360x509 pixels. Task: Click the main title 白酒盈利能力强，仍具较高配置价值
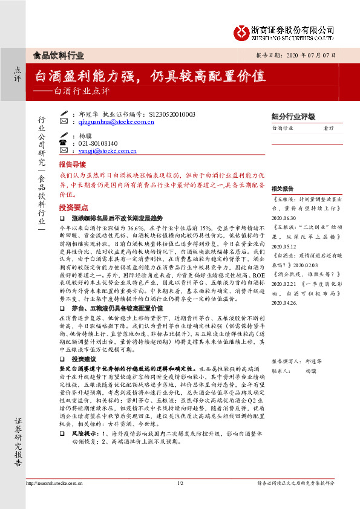pos(150,76)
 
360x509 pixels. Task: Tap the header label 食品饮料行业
pos(58,55)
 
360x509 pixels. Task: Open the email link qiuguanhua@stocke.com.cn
pos(117,122)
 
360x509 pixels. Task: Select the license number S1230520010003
pos(171,114)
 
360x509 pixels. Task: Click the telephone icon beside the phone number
pos(64,143)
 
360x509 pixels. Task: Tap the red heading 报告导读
pos(72,164)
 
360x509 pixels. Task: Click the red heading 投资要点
pos(72,207)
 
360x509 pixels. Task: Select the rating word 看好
pos(329,128)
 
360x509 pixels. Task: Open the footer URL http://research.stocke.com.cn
pos(54,484)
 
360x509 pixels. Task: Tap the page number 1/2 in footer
pos(180,484)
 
